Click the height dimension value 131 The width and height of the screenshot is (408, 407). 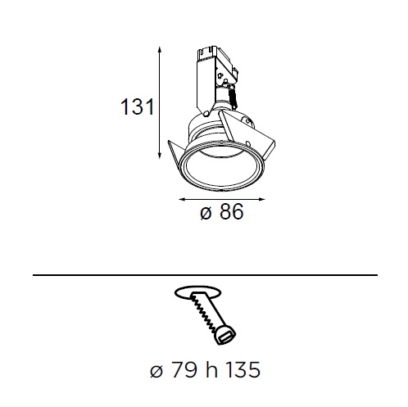click(x=138, y=106)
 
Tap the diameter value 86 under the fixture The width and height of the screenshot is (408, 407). click(x=231, y=211)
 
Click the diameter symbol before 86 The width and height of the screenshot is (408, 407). click(x=206, y=213)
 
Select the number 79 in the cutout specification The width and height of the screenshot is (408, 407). click(x=184, y=370)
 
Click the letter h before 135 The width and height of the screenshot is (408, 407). click(x=211, y=369)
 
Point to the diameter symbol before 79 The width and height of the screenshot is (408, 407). click(x=156, y=371)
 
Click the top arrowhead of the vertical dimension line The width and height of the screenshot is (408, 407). click(x=160, y=49)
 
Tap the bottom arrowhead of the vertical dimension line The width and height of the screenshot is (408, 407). click(x=160, y=156)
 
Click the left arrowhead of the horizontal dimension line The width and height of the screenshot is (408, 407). click(x=182, y=199)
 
